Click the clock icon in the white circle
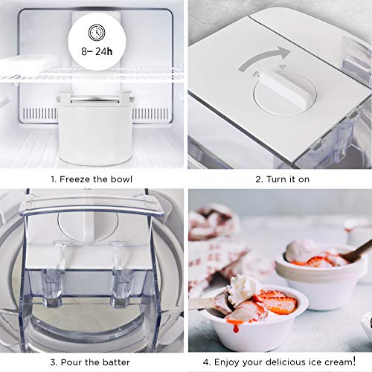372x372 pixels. tap(94, 33)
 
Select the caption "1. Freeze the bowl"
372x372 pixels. tap(93, 179)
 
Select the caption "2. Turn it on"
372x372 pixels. tap(279, 179)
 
